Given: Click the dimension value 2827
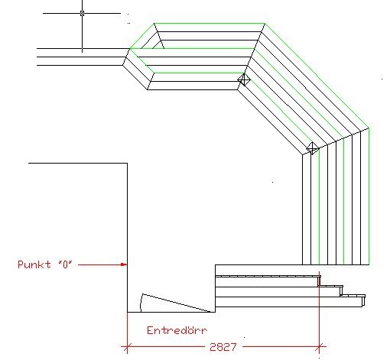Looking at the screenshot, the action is [223, 347].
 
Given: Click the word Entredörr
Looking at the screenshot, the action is [177, 330].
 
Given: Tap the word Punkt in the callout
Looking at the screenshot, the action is [34, 264].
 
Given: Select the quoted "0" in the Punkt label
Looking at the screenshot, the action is [65, 264].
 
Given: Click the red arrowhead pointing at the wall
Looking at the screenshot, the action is [124, 264].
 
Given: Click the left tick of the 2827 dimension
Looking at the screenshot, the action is [127, 347].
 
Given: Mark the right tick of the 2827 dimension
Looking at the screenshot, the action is [319, 347].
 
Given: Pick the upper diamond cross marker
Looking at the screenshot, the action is [244, 79].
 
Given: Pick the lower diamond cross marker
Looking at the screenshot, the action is [313, 148].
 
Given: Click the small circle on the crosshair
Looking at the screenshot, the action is [82, 13].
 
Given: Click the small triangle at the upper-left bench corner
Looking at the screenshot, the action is [153, 44].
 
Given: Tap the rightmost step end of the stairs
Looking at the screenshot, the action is [363, 300].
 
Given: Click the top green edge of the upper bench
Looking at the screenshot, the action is [210, 24].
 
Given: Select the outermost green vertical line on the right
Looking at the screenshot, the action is [369, 196].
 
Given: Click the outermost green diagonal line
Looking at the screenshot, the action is [317, 76].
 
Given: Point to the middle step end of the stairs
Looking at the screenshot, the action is [341, 290].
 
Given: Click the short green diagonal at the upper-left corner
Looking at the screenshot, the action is [142, 36].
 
